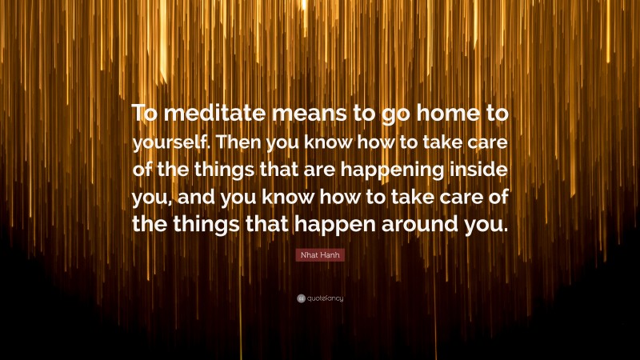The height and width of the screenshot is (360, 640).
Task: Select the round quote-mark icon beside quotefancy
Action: (301, 298)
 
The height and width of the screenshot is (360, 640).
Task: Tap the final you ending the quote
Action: (486, 225)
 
